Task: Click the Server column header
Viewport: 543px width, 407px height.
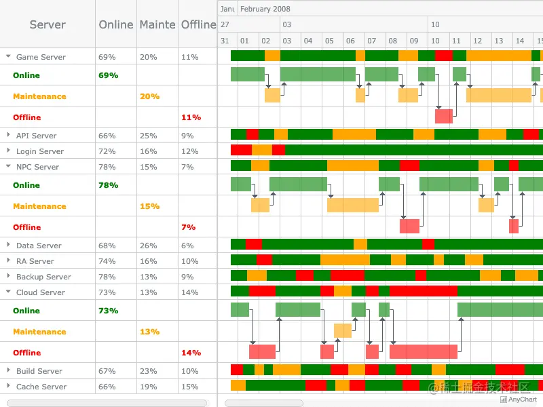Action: (x=48, y=24)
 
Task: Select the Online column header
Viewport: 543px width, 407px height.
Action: (x=116, y=24)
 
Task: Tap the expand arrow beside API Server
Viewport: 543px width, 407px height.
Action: (x=8, y=136)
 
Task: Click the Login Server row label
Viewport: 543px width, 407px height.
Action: (x=40, y=151)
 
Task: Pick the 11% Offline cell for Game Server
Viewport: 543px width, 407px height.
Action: (x=190, y=58)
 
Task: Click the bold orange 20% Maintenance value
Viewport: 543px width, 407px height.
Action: (x=149, y=96)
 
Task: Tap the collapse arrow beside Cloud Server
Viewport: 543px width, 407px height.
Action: (x=8, y=292)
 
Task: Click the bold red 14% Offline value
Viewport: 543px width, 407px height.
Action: (x=190, y=353)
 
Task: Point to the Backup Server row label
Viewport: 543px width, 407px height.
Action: (x=43, y=277)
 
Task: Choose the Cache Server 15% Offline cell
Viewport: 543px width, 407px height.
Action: (x=190, y=387)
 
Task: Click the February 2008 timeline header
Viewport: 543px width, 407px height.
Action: (x=265, y=9)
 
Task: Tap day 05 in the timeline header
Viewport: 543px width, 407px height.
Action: (x=329, y=41)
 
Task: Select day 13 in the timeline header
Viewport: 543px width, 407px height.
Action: (x=498, y=41)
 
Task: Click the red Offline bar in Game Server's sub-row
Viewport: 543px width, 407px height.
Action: (x=444, y=117)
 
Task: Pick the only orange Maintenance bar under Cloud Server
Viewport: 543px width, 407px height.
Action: (x=343, y=331)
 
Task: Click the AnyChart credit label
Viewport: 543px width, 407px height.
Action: (x=522, y=400)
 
